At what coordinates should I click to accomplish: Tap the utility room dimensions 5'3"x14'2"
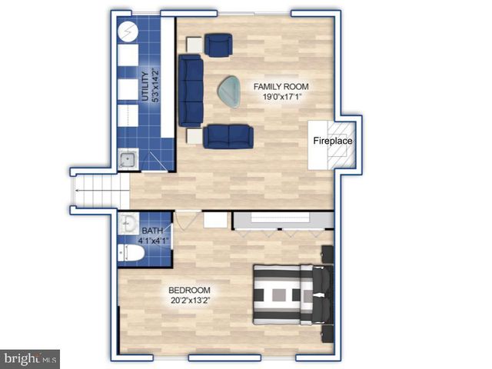coord(156,87)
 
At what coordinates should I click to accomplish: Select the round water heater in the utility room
coord(128,32)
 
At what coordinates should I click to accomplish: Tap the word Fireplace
coord(332,141)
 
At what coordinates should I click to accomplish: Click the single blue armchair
coord(218,45)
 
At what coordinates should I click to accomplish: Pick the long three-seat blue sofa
coord(190,90)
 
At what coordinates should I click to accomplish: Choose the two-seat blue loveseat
coord(228,135)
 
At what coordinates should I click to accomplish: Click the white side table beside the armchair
coord(194,44)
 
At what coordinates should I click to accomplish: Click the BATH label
coord(152,230)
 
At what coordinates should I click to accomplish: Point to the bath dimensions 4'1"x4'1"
coord(152,241)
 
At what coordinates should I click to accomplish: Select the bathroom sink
coord(128,225)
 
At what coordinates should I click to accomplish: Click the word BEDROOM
coord(189,291)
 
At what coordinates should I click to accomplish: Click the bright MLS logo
coord(30,358)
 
